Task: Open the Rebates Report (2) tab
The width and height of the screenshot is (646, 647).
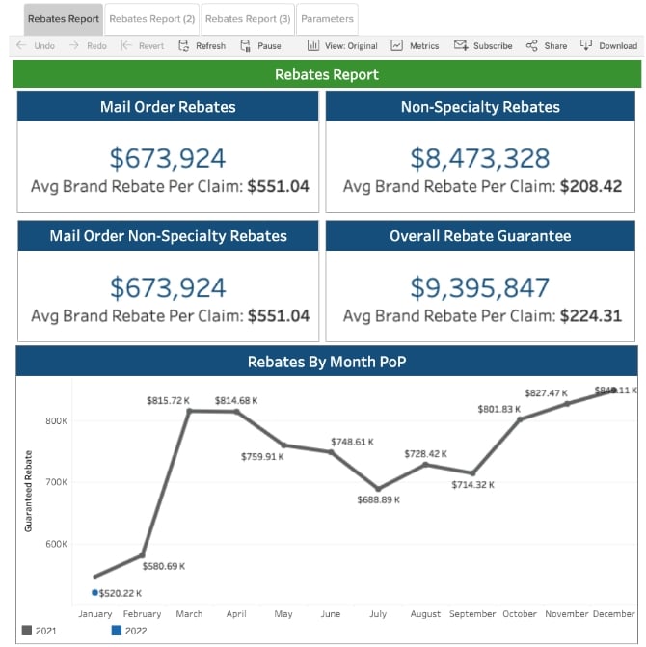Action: click(x=151, y=19)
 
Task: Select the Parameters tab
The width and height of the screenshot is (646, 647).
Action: click(x=327, y=19)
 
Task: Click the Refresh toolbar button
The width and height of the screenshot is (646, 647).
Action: click(x=202, y=45)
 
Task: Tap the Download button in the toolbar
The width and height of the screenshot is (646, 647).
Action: click(x=609, y=45)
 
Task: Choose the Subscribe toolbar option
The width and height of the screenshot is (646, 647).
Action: click(x=484, y=45)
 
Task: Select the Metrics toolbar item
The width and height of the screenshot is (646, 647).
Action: click(x=416, y=45)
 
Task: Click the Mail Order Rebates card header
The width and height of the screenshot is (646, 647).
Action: click(x=168, y=107)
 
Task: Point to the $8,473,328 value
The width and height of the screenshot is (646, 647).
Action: click(x=480, y=158)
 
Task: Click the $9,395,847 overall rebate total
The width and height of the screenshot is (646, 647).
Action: click(x=480, y=287)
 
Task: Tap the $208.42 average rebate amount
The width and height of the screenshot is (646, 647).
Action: click(x=591, y=186)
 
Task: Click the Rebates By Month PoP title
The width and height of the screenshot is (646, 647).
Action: click(x=327, y=362)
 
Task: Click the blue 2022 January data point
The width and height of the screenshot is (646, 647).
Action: click(x=94, y=592)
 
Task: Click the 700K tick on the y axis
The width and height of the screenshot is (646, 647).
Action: click(x=55, y=482)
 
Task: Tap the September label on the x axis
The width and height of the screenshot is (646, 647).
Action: click(x=471, y=613)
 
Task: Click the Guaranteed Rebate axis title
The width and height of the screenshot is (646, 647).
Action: click(x=29, y=491)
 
